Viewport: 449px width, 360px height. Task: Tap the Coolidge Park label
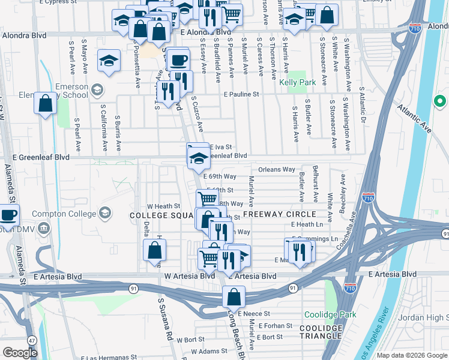330,314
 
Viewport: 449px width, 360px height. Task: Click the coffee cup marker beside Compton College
8,214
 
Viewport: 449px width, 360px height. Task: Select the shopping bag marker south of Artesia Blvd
234,296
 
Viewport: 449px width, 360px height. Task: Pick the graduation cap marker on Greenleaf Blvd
197,158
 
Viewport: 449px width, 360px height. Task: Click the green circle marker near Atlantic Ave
439,101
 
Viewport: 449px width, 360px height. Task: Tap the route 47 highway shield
31,340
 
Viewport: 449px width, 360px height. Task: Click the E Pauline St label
241,94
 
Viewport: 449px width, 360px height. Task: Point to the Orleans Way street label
277,170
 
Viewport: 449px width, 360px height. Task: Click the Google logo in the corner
20,353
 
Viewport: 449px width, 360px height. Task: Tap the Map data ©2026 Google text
412,355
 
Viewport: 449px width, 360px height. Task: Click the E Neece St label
256,313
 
